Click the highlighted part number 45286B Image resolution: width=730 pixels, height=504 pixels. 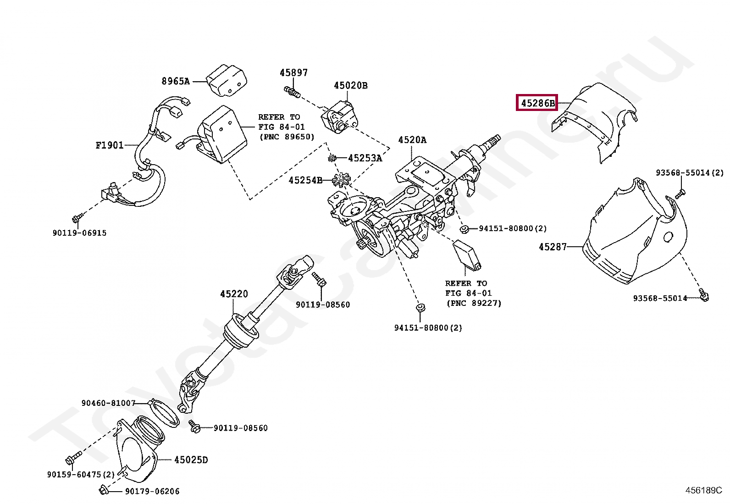tap(537, 103)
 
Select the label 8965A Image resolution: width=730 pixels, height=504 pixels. tap(175, 81)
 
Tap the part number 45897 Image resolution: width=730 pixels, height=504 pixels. tap(293, 72)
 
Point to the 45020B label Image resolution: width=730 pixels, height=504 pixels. tap(350, 85)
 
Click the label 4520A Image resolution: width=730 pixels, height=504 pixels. tap(412, 140)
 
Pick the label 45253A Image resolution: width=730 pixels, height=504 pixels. tap(365, 158)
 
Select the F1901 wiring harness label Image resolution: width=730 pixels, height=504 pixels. tap(110, 145)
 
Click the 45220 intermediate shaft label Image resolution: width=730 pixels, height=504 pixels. tap(234, 294)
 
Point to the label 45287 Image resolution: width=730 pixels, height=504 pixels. tap(553, 247)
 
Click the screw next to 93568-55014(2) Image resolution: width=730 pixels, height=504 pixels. tap(680, 194)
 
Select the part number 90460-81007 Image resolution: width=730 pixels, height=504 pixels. tap(108, 403)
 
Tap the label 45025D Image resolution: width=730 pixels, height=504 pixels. tap(191, 460)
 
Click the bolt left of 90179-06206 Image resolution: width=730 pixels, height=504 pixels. tap(104, 491)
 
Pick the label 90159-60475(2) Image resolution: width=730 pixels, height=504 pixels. tap(81, 474)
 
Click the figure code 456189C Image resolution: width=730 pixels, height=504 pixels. tap(703, 490)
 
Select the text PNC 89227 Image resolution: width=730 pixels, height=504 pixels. tap(474, 303)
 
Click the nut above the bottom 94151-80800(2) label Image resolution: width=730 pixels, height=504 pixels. tap(419, 307)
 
